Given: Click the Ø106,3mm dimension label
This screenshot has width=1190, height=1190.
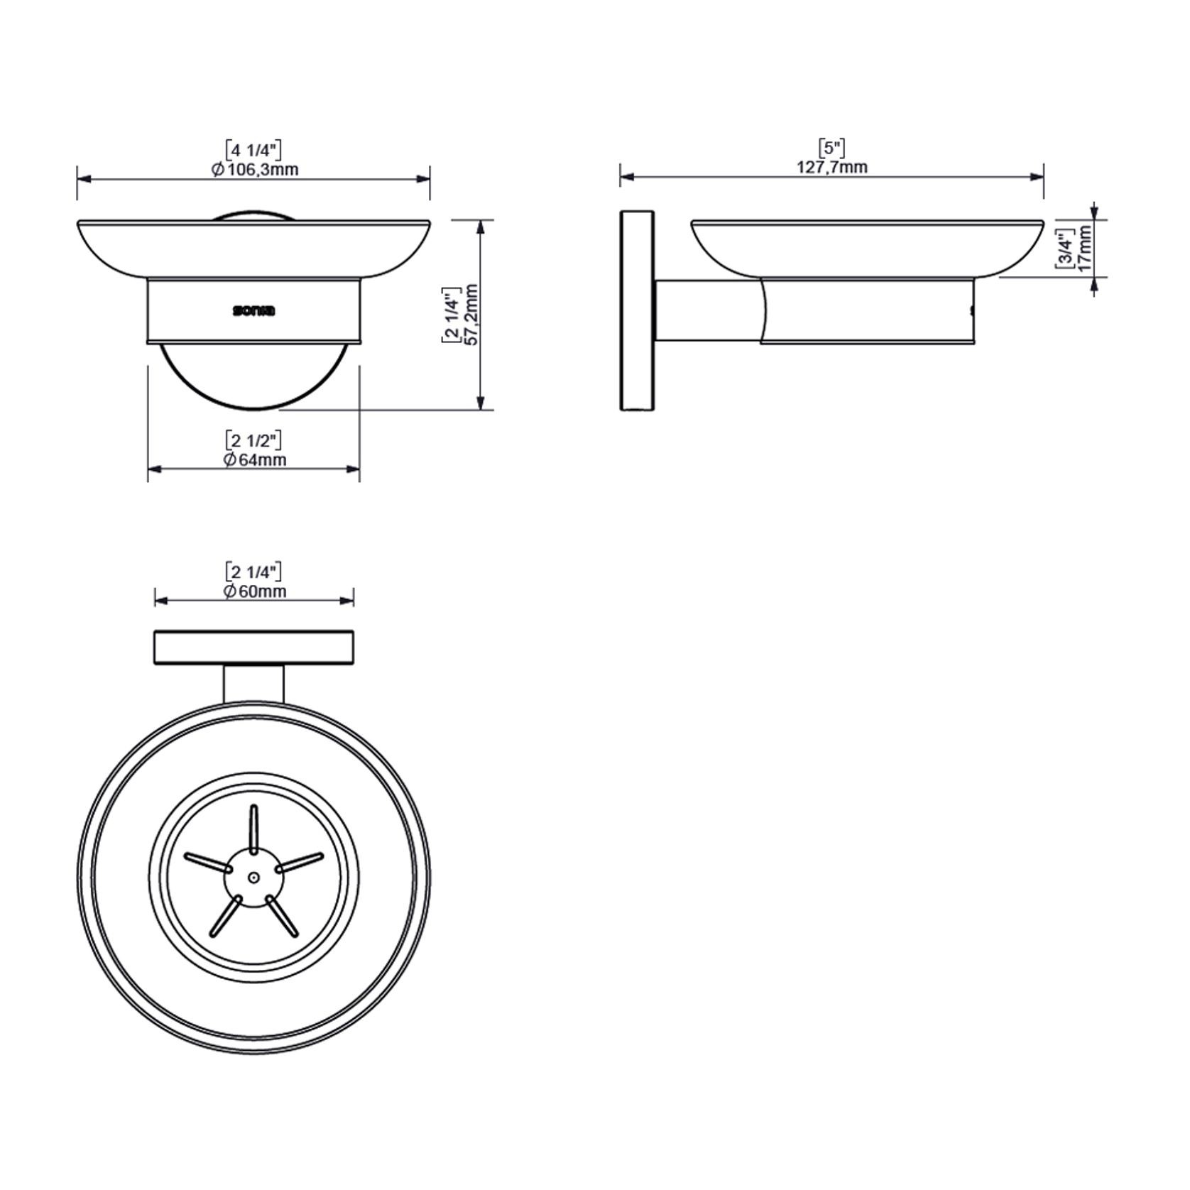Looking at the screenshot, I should point(255,169).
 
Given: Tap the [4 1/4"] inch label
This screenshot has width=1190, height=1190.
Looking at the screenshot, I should point(253,150).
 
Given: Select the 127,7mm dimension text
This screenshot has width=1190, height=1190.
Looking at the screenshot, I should point(831,167).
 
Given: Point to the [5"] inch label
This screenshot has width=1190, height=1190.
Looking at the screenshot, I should point(831,148).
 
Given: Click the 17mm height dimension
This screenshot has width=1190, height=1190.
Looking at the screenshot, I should point(1083,248).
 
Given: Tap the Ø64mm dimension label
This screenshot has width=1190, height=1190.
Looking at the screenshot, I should point(255,459).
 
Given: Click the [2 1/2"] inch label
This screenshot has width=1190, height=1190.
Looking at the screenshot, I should point(253,440).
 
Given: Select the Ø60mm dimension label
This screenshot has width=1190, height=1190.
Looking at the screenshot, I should point(255,591).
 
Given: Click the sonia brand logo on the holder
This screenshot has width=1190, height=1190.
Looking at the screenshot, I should point(253,311).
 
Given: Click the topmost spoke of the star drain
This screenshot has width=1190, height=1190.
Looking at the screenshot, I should point(253,828).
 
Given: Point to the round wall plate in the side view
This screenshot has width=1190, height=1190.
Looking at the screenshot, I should point(637,310).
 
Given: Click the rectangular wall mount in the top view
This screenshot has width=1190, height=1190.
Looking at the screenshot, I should point(253,648).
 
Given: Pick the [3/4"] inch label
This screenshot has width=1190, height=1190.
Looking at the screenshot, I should point(1064,248).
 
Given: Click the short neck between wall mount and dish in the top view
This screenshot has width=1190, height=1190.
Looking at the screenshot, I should point(253,683).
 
